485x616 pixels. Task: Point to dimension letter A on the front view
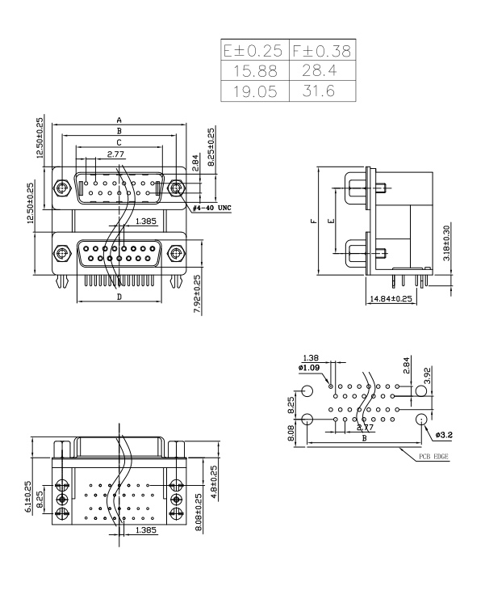[x=119, y=120]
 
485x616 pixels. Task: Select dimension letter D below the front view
[x=119, y=297]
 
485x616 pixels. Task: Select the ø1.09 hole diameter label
[x=309, y=367]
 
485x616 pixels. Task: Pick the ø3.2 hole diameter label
[x=443, y=436]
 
